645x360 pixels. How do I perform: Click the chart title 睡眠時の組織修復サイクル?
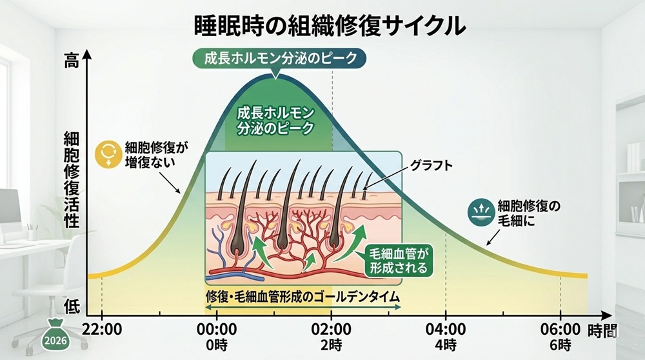330,26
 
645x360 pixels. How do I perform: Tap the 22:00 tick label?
102,330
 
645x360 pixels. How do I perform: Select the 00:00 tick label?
216,330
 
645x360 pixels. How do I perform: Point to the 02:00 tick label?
331,330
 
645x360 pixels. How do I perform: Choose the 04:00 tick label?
446,330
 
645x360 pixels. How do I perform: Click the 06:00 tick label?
561,330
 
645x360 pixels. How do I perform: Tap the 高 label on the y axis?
71,61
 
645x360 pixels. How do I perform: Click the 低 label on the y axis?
72,306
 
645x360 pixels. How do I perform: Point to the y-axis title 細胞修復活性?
71,180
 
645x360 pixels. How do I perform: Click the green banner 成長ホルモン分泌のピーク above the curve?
279,59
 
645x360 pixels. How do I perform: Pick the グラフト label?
431,165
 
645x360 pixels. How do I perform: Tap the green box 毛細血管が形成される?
399,261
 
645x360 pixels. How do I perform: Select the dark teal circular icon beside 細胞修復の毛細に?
481,212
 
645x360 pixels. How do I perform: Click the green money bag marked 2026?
55,335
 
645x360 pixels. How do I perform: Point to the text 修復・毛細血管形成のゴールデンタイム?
303,297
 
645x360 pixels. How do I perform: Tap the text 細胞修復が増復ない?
156,154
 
